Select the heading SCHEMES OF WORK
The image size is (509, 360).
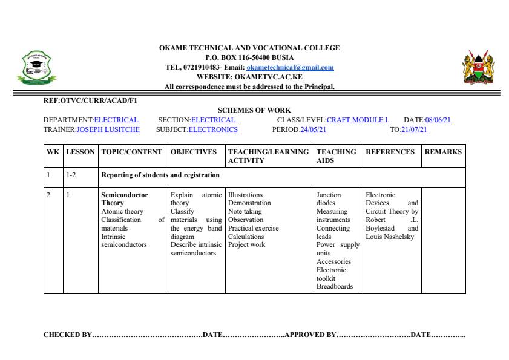(254, 110)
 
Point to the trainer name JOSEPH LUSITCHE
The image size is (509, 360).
(108, 129)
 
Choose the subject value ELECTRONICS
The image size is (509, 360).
(213, 129)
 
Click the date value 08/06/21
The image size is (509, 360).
(438, 120)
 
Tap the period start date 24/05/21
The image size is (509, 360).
(314, 129)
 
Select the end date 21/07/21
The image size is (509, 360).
(414, 129)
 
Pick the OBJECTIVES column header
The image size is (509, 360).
(194, 152)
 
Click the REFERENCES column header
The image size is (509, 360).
(390, 152)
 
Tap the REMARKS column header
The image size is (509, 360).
(443, 152)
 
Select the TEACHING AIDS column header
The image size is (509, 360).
(336, 156)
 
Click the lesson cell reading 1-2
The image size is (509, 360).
(71, 175)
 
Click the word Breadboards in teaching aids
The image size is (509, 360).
(334, 287)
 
